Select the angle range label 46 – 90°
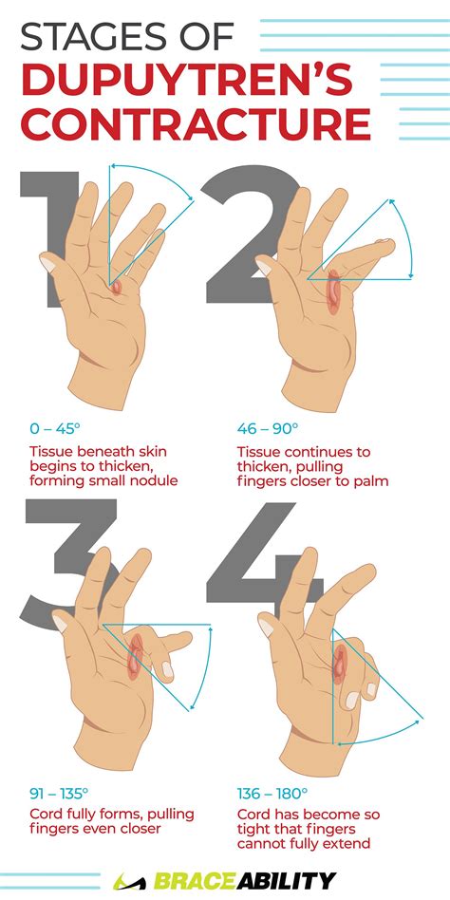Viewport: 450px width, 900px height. (268, 428)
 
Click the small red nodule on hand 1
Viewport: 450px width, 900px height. (115, 285)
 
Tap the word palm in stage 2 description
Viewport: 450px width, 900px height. (370, 480)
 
